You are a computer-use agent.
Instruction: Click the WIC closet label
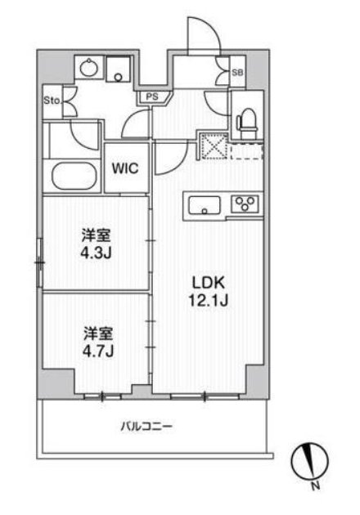[125, 169]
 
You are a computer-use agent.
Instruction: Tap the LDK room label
[209, 283]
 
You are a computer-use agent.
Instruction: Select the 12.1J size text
[209, 300]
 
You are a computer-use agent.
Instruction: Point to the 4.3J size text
[96, 253]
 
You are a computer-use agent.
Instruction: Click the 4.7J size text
[98, 351]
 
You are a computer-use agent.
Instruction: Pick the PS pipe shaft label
[152, 97]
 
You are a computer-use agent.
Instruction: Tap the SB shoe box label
[237, 73]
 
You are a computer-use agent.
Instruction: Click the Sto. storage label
[52, 101]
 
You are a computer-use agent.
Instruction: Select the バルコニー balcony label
[146, 427]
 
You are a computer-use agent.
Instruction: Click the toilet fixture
[248, 123]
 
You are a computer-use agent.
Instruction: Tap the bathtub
[74, 176]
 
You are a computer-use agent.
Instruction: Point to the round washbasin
[88, 68]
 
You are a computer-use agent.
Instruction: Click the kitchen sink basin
[205, 205]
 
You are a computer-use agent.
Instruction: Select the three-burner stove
[245, 204]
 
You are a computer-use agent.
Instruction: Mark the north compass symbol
[310, 461]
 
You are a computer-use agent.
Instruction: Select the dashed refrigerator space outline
[247, 151]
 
